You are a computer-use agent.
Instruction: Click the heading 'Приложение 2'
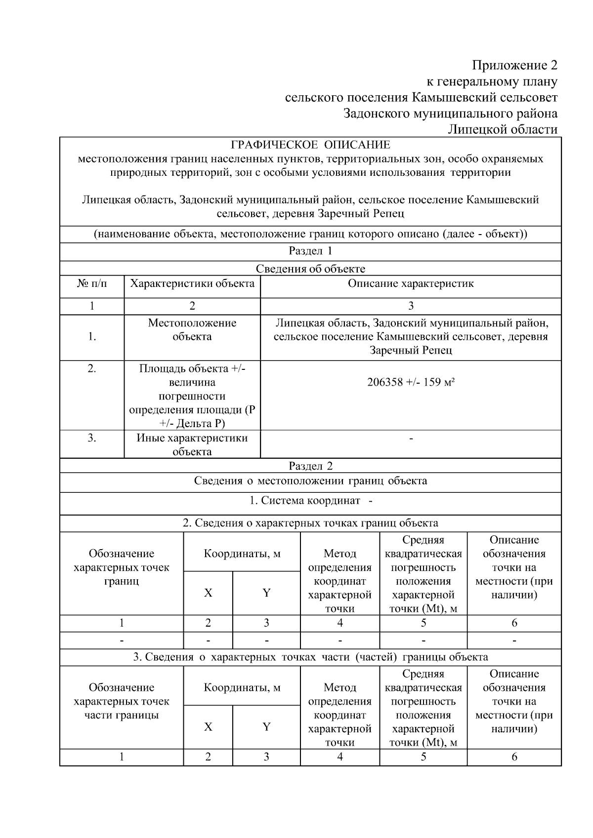point(514,65)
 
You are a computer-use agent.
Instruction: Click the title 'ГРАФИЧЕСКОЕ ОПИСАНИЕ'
point(310,145)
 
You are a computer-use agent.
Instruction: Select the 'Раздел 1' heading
point(310,251)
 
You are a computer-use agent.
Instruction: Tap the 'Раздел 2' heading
point(310,466)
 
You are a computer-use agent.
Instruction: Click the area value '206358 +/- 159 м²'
point(411,382)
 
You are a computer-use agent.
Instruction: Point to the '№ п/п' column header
point(92,283)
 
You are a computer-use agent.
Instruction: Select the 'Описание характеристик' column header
point(411,283)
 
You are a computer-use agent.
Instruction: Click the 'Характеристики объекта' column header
point(192,283)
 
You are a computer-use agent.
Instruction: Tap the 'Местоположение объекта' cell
point(192,330)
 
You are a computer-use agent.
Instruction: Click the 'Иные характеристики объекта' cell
point(192,444)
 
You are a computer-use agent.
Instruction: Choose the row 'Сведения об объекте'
point(310,269)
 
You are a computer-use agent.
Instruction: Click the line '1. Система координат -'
point(310,501)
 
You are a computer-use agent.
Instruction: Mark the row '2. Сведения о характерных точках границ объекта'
point(310,523)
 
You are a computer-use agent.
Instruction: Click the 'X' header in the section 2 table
point(208,593)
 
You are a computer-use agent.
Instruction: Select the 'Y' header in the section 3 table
point(266,727)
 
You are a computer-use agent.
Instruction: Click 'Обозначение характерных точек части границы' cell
point(122,701)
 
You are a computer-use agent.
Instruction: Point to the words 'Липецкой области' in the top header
point(503,129)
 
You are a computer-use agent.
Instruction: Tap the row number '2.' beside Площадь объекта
point(92,368)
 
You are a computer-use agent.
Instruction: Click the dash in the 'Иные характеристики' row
point(411,438)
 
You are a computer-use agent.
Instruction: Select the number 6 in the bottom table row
point(514,757)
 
